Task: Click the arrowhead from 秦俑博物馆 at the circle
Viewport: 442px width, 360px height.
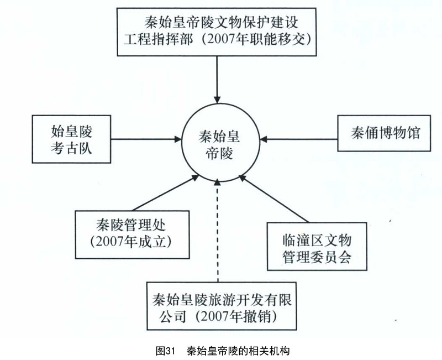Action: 264,139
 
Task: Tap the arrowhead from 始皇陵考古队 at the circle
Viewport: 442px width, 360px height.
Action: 177,139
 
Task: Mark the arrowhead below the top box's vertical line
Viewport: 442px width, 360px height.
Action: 217,100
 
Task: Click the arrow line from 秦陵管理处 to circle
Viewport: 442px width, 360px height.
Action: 166,192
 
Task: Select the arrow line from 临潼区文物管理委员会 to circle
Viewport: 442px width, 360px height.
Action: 274,199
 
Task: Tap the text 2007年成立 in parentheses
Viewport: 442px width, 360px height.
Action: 131,242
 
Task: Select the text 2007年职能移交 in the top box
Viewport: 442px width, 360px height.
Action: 256,39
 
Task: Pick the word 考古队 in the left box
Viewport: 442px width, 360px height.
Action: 71,148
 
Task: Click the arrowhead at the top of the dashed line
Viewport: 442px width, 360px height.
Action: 217,182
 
